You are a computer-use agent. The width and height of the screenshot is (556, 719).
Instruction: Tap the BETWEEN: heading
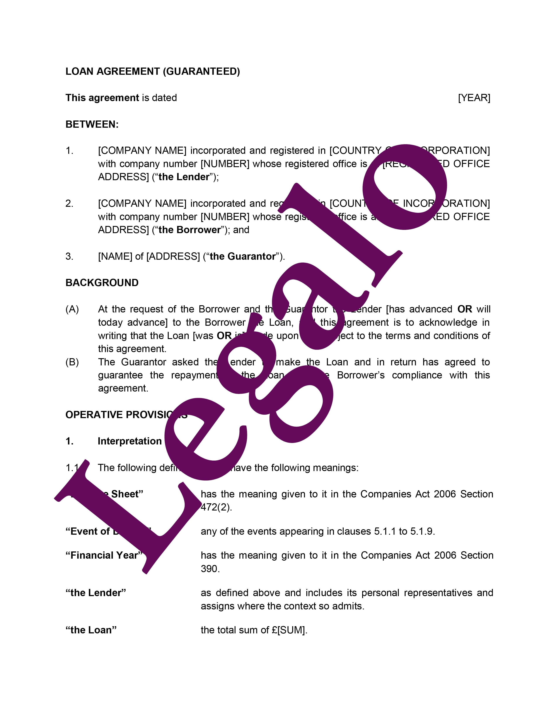(92, 124)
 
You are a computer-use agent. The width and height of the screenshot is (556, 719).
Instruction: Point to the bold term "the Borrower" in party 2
(189, 230)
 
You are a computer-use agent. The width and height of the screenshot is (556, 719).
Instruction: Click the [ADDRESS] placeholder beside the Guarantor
(173, 256)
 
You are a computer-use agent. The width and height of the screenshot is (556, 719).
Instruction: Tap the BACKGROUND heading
(102, 283)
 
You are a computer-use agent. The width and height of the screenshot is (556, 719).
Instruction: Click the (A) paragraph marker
(72, 309)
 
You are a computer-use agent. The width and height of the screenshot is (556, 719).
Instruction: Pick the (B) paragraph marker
(72, 362)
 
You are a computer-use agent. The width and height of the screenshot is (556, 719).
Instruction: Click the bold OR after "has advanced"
(464, 309)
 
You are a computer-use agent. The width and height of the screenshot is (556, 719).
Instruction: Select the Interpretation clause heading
(130, 441)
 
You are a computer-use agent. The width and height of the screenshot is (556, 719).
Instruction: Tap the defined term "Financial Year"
(104, 555)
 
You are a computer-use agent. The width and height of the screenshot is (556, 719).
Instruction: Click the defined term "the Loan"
(91, 630)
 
